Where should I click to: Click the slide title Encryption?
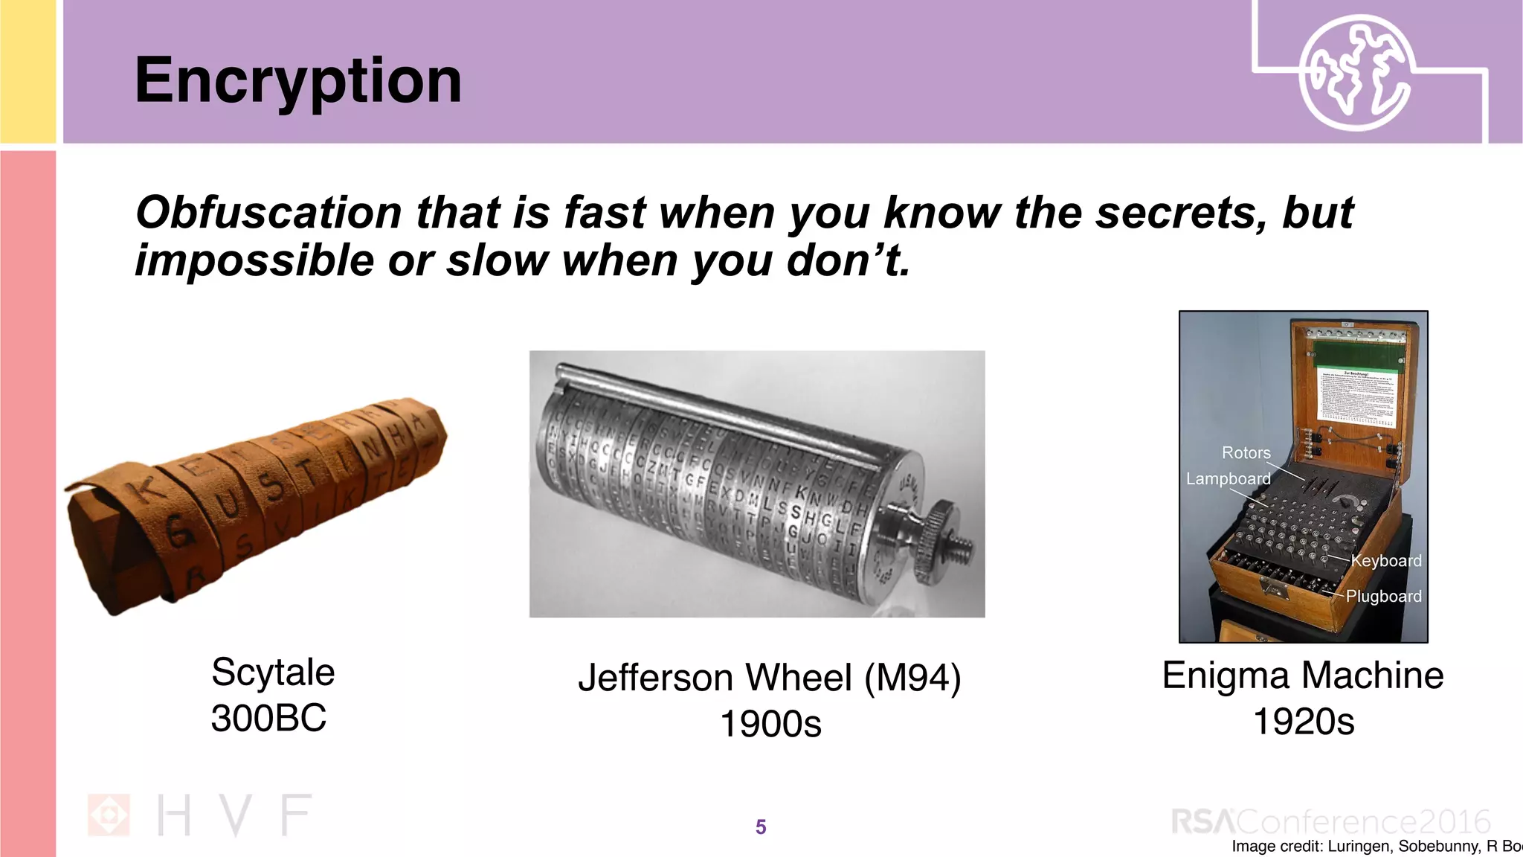click(297, 80)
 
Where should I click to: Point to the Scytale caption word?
click(273, 673)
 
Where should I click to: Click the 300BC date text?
click(268, 719)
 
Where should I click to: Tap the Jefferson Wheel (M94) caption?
click(770, 678)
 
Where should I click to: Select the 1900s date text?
click(770, 724)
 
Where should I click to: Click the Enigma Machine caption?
click(1303, 675)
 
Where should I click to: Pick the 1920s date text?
click(1304, 722)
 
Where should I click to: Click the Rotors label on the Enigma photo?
click(1246, 452)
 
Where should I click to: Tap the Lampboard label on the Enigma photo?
click(1228, 478)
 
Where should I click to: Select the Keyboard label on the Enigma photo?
click(1386, 560)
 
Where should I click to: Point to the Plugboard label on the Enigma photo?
click(1383, 596)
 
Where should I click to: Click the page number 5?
click(760, 826)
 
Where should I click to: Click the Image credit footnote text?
click(1376, 846)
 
